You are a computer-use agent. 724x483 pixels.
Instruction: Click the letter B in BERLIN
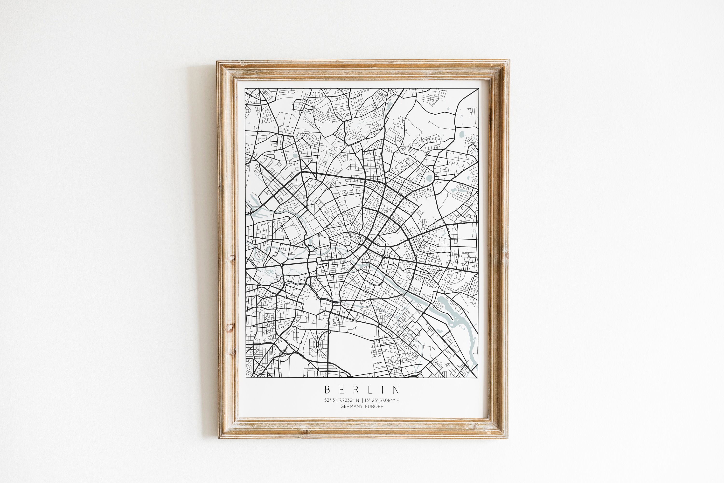pyautogui.click(x=327, y=390)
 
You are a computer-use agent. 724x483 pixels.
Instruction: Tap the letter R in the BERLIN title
pyautogui.click(x=356, y=390)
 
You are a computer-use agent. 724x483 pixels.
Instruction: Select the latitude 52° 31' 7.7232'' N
pyautogui.click(x=341, y=400)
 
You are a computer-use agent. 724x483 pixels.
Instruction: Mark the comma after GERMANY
pyautogui.click(x=363, y=407)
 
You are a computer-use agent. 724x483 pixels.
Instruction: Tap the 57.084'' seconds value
pyautogui.click(x=387, y=400)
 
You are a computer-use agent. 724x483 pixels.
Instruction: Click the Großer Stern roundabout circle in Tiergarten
pyautogui.click(x=282, y=265)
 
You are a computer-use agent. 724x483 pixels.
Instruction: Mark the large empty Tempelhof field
pyautogui.click(x=351, y=351)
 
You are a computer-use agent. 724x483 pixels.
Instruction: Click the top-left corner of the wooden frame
pyautogui.click(x=217, y=61)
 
